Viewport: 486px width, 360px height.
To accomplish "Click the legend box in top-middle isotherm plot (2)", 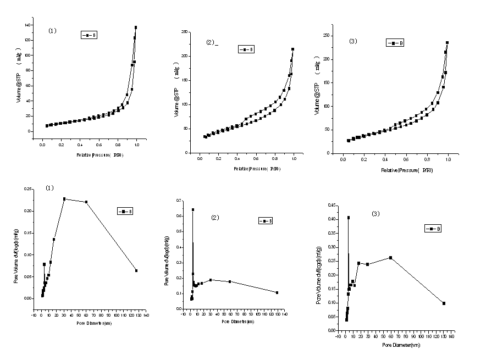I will point(246,49).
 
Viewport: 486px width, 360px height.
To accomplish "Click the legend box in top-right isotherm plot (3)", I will point(395,42).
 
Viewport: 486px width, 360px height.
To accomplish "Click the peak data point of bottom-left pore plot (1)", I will point(64,199).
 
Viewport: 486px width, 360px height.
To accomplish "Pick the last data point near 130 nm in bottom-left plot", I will point(136,270).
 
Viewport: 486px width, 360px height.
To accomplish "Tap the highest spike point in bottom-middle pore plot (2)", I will point(193,209).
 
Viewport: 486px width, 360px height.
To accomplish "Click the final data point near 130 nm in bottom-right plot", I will point(444,303).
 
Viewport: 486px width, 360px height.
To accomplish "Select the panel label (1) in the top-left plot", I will point(53,31).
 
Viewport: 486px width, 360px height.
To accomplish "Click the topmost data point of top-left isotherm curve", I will point(136,27).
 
